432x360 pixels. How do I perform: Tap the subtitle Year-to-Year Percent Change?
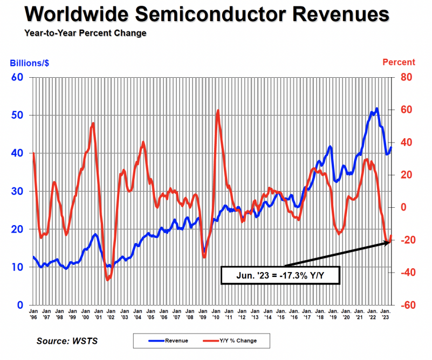coord(85,33)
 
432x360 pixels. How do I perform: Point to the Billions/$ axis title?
coord(30,63)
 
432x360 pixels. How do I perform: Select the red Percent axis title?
coord(399,63)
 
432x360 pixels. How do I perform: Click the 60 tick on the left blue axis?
coord(17,77)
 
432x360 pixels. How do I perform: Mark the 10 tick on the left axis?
coord(17,267)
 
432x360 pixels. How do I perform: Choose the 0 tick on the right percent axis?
coord(402,207)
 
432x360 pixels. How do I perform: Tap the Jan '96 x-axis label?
coord(33,314)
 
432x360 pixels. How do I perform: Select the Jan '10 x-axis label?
coord(216,314)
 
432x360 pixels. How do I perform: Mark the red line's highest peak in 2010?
coord(218,111)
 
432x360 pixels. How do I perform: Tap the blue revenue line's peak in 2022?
coord(376,108)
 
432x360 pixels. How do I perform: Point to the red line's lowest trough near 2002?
coord(108,280)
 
